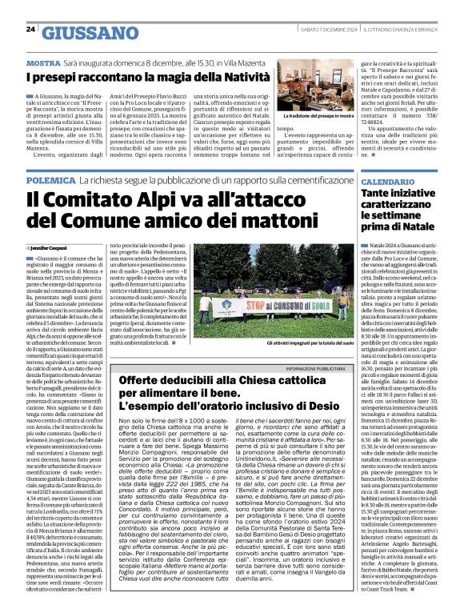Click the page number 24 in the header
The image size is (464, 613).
pyautogui.click(x=30, y=30)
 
